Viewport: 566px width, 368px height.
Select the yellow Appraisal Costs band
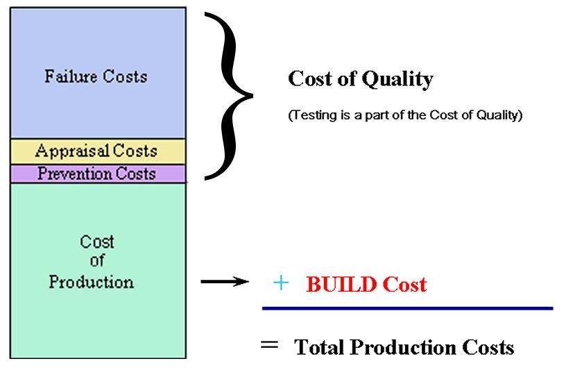[97, 151]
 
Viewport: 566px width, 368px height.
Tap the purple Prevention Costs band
[97, 173]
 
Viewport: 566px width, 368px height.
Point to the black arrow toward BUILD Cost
[223, 282]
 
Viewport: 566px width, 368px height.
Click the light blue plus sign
[281, 283]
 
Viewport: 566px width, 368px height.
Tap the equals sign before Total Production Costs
[271, 344]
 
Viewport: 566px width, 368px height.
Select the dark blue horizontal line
[407, 308]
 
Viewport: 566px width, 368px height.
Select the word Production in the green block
[91, 283]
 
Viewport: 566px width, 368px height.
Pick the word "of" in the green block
[97, 262]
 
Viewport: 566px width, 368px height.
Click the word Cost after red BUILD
[404, 284]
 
